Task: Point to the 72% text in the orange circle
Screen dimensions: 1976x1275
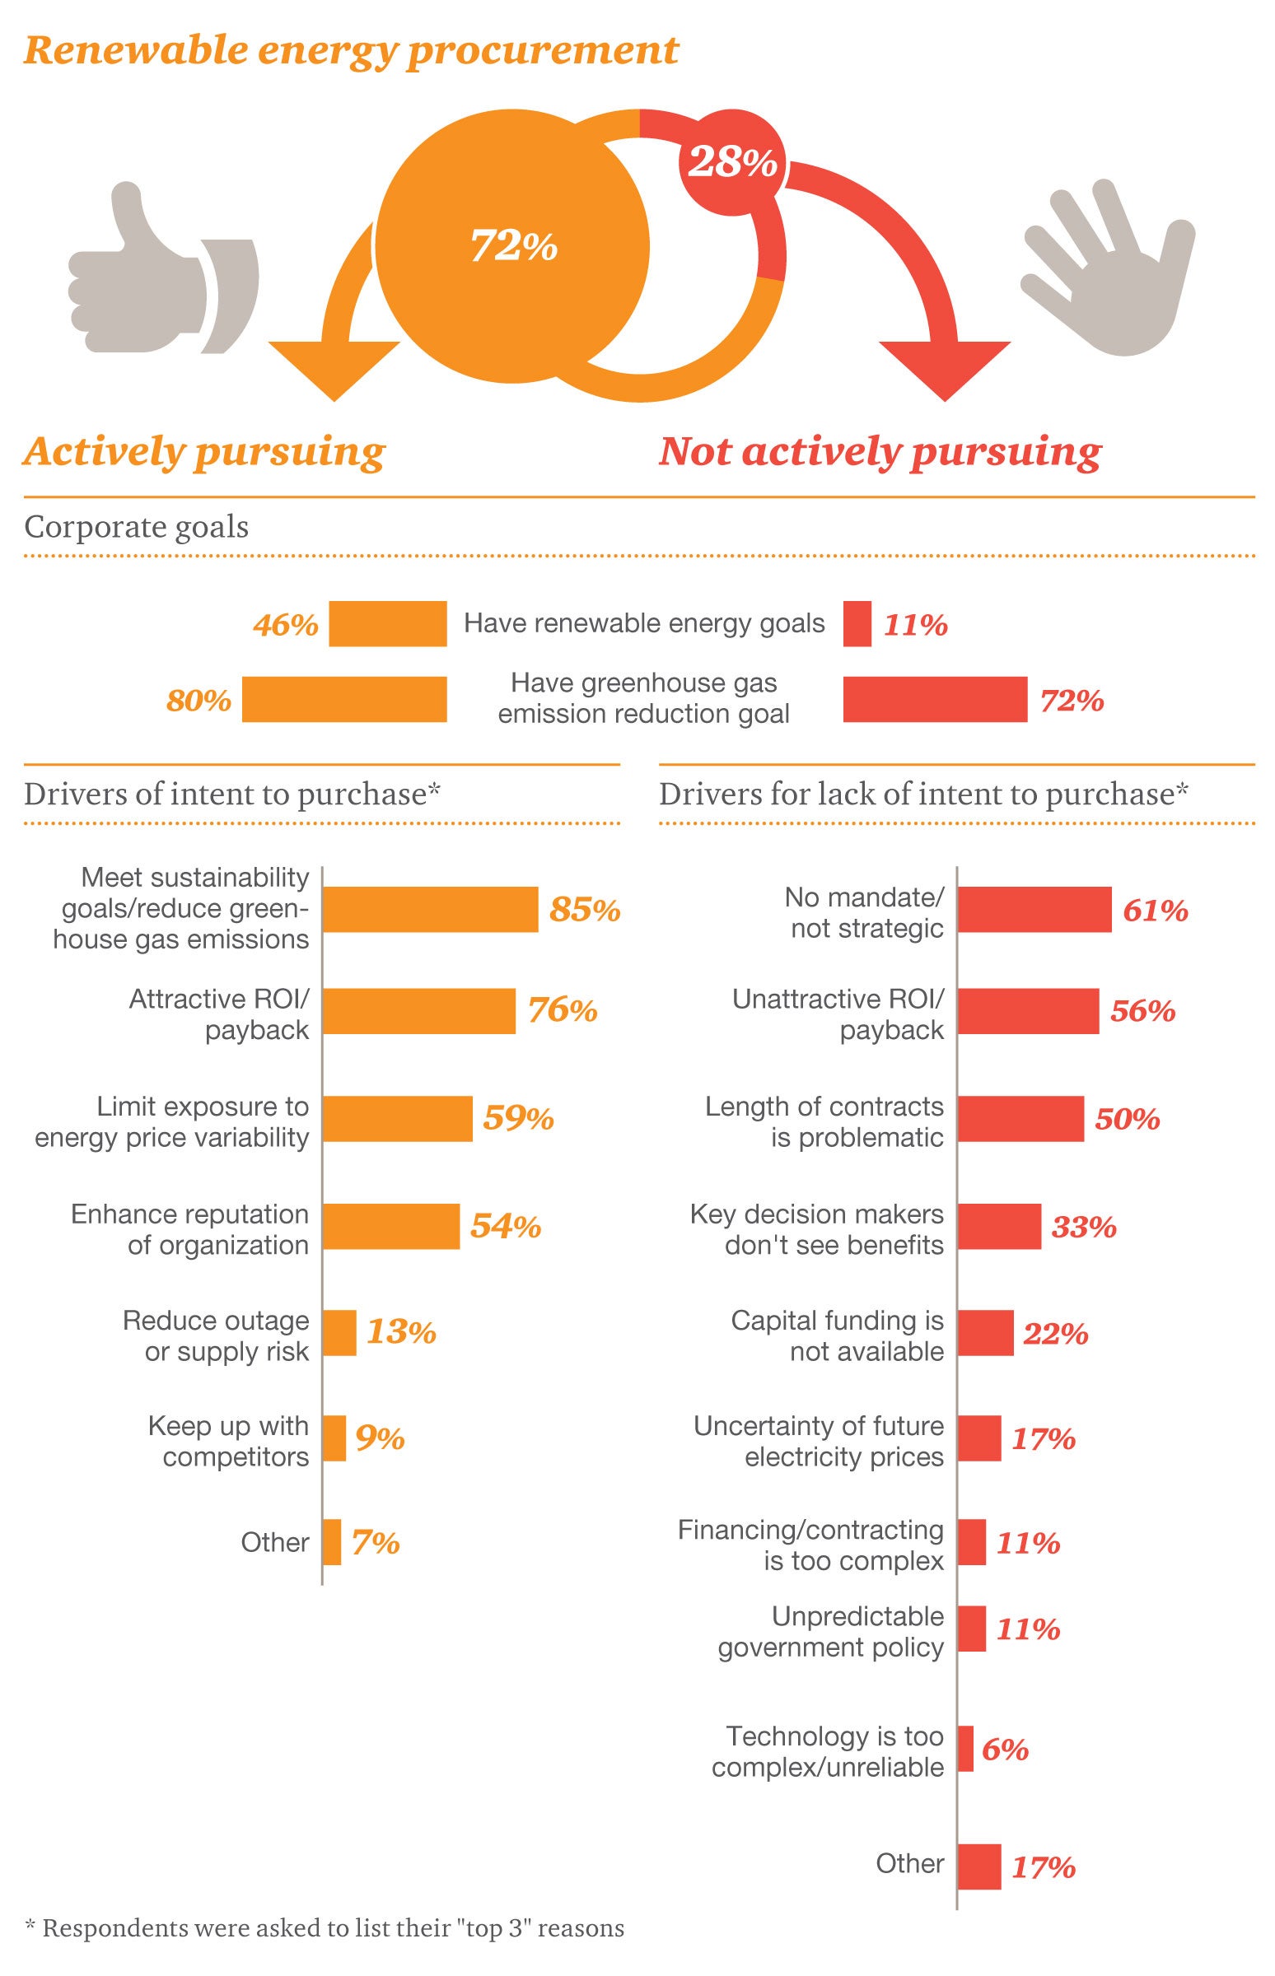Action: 513,245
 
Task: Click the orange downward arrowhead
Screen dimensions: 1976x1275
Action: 334,368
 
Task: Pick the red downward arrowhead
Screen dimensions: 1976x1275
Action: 945,368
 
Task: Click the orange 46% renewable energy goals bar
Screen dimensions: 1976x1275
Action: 387,623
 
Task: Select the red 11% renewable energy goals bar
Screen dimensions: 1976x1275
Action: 857,623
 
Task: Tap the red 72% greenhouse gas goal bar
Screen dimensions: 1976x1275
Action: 935,699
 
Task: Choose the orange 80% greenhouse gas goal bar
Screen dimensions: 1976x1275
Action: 344,699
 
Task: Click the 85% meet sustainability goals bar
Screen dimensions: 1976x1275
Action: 430,910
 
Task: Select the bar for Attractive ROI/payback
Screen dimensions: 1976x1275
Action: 419,1010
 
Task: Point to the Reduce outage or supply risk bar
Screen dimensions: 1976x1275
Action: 339,1332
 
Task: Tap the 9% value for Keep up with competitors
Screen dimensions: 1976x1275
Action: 380,1439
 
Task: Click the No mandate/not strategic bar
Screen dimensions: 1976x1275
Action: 1034,910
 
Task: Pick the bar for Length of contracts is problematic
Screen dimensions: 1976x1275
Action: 1020,1119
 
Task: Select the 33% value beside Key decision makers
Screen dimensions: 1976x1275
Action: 1084,1226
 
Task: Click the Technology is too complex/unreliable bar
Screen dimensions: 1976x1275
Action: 965,1749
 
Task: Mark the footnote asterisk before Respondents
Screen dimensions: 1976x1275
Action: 30,1929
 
